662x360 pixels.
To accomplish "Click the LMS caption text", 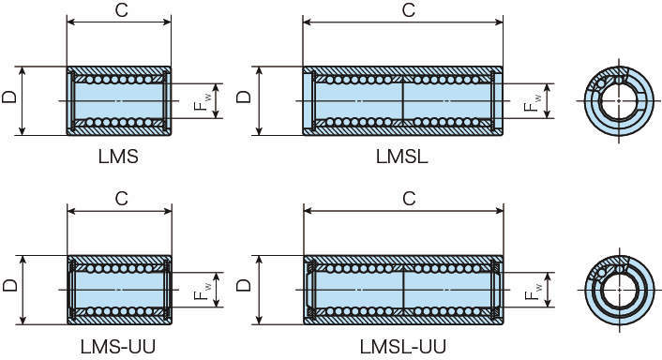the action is [118, 157].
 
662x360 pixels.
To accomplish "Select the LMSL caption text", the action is [402, 157].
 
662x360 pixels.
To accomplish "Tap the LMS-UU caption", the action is [118, 347].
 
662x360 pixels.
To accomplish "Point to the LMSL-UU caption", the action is [403, 347].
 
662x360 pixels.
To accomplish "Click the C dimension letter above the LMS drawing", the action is [122, 10].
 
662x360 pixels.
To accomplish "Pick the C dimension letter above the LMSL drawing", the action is [409, 10].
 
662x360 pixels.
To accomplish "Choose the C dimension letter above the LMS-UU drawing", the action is [122, 199].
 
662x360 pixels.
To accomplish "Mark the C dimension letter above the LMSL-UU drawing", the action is [409, 199].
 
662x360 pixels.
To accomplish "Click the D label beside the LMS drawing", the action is [9, 97].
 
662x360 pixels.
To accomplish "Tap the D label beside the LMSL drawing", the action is [244, 97].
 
